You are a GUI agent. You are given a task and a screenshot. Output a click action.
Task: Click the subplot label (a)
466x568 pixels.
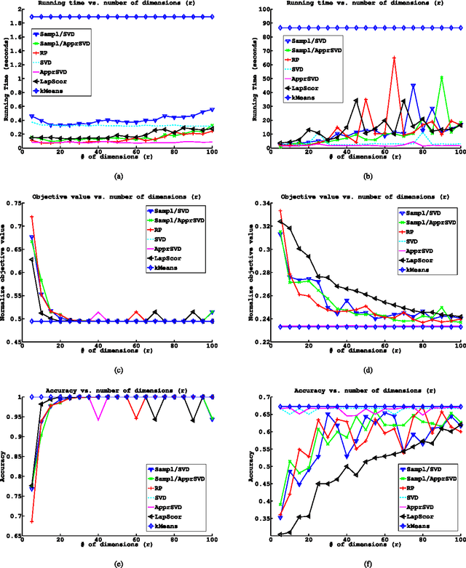(x=119, y=175)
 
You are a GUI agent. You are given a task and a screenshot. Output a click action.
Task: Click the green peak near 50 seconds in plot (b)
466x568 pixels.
(x=442, y=77)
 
